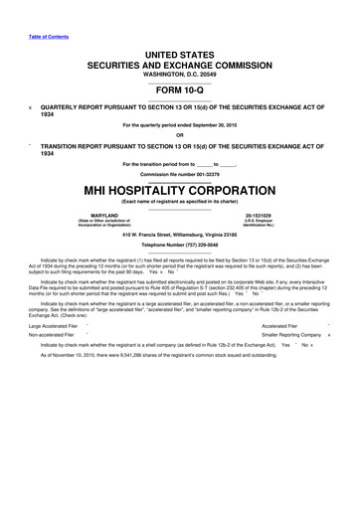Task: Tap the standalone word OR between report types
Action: click(180, 136)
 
